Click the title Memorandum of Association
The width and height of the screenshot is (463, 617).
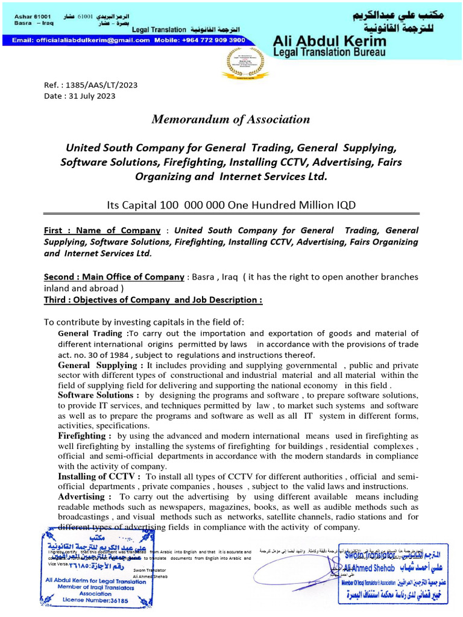click(231, 119)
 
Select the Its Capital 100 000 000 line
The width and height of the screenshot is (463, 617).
click(231, 205)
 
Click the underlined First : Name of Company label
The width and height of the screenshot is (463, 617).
click(102, 230)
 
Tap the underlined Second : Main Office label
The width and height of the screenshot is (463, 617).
click(114, 277)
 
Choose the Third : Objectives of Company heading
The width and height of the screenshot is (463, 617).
click(153, 300)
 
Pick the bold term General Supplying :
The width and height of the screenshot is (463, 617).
click(101, 365)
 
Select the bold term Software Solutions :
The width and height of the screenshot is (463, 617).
click(98, 395)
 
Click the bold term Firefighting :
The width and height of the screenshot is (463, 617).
click(84, 436)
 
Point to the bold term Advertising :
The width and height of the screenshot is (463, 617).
click(84, 496)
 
